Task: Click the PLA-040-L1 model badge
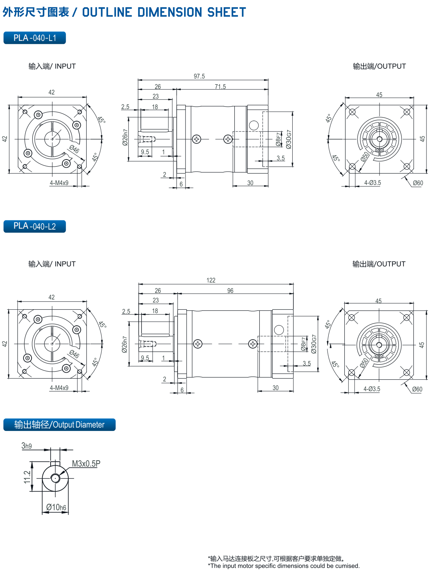(34, 38)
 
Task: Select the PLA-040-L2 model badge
(34, 226)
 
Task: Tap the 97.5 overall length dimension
(199, 76)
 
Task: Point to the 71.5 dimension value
(220, 86)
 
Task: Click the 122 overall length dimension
(211, 280)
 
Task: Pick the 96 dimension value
(230, 291)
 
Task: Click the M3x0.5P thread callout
(86, 463)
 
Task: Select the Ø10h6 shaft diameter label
(56, 507)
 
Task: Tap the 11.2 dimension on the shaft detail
(27, 477)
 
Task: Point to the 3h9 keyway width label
(26, 446)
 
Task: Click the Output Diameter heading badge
(59, 424)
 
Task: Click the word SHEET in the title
(227, 12)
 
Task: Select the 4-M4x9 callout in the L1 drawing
(59, 183)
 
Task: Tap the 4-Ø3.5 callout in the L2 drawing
(371, 389)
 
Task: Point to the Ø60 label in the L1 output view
(418, 183)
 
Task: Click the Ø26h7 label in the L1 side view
(125, 137)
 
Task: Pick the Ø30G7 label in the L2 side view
(314, 344)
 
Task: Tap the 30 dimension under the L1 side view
(250, 183)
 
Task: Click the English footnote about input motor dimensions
(284, 566)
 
